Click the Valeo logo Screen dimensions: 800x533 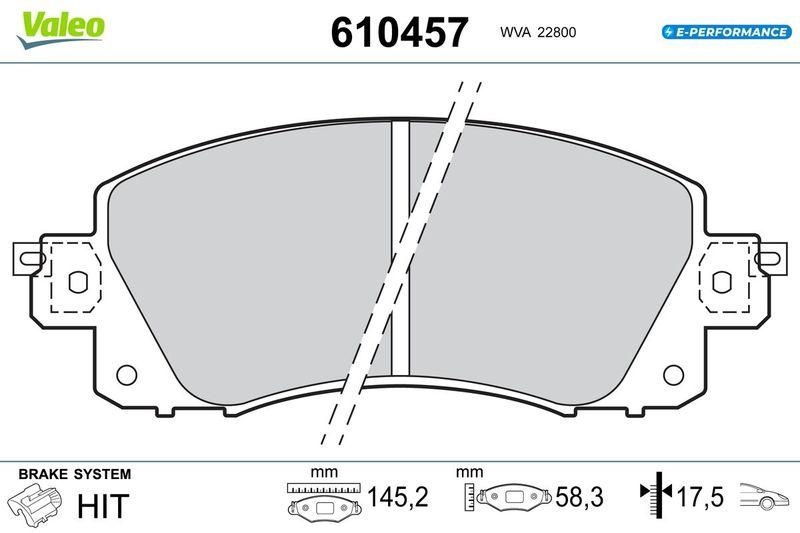click(x=61, y=28)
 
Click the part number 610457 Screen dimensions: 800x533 click(x=399, y=32)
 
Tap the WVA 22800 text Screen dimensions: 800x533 click(x=538, y=32)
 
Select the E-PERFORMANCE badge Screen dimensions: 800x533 click(x=727, y=32)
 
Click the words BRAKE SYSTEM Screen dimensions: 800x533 click(x=74, y=474)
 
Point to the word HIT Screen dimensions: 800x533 click(x=103, y=505)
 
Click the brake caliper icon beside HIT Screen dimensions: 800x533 click(x=34, y=502)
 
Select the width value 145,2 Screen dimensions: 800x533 click(x=398, y=497)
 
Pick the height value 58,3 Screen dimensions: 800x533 click(x=579, y=497)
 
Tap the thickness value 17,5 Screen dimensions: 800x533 click(x=699, y=497)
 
